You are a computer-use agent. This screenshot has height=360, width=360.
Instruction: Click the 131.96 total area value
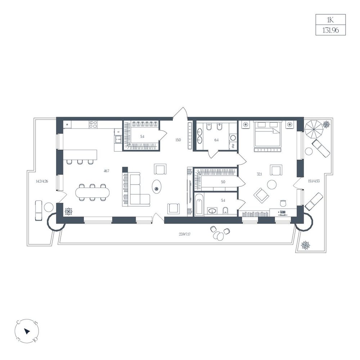pos(330,30)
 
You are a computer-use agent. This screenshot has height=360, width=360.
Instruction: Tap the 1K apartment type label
pos(330,20)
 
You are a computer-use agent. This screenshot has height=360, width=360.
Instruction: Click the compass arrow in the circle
pos(27,331)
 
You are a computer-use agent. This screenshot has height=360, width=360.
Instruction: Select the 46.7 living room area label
pos(106,171)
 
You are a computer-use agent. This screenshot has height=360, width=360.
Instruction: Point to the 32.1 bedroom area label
pos(259,174)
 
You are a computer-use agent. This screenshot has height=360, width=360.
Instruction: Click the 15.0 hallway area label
pos(178,140)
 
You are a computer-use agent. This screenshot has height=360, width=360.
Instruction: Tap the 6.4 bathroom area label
pos(216,140)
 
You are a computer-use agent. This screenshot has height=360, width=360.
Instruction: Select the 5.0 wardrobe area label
pos(223,182)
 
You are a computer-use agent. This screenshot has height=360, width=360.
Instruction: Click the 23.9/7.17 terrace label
pos(184,234)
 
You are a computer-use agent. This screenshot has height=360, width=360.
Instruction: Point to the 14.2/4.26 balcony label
pos(42,181)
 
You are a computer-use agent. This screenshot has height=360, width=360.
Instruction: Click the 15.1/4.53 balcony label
pos(314,181)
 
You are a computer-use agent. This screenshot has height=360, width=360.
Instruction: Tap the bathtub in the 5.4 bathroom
pos(199,205)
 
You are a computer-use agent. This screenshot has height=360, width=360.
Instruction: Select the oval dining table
pos(92,192)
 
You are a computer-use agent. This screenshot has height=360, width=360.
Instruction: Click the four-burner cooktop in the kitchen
pos(93,125)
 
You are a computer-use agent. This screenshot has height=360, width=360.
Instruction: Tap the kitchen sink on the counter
pos(118,139)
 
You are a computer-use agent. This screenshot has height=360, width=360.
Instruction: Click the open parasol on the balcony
pos(314,129)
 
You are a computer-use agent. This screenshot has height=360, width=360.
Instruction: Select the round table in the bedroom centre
pos(272,184)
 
